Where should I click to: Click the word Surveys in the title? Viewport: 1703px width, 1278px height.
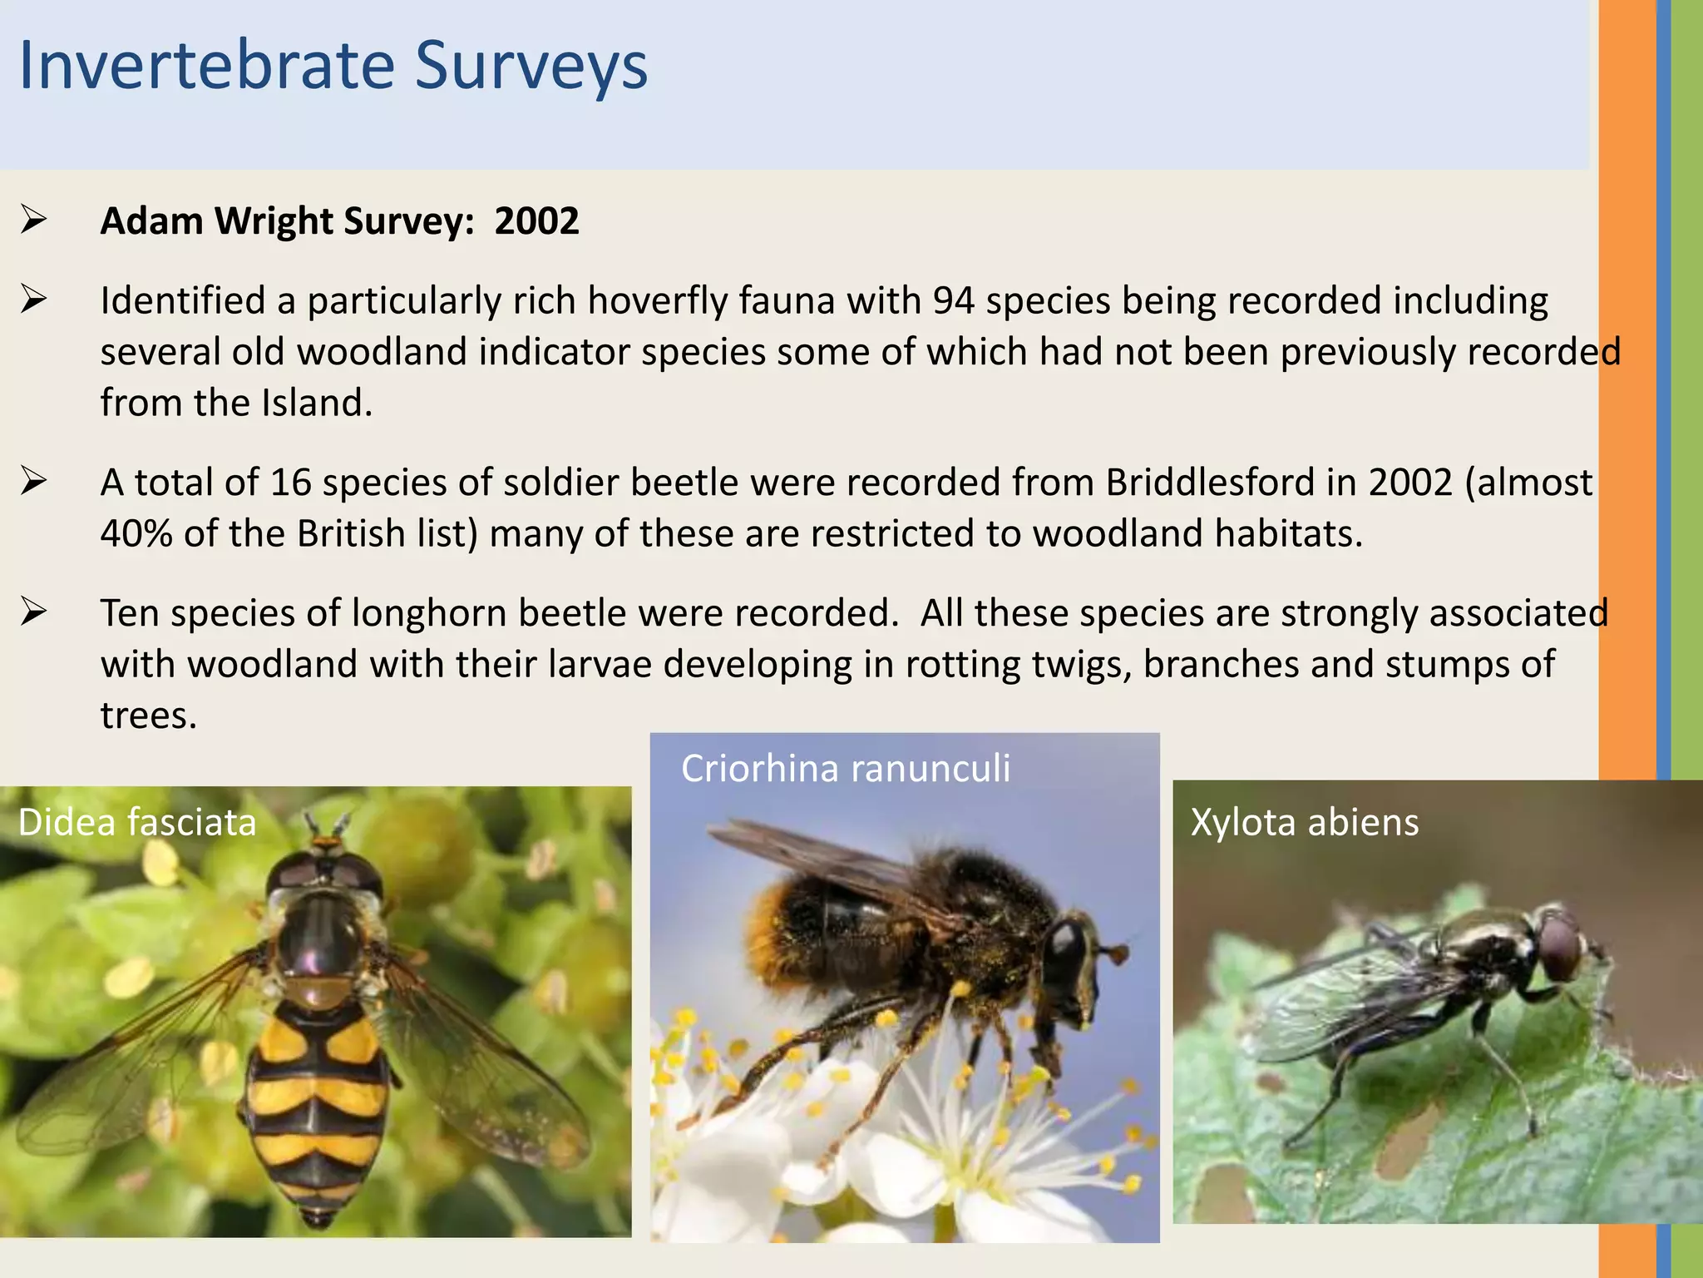531,67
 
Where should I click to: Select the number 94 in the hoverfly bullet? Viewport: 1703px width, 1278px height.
953,301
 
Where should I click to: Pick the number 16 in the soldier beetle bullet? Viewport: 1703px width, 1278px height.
290,483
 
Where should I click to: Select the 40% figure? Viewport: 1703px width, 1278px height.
136,534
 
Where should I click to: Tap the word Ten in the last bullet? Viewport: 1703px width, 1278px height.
130,614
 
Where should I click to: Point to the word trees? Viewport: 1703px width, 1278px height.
147,716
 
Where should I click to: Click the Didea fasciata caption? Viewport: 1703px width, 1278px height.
137,822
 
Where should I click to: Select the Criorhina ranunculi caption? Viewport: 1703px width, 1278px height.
845,768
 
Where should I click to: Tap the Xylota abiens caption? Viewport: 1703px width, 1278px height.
1304,822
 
